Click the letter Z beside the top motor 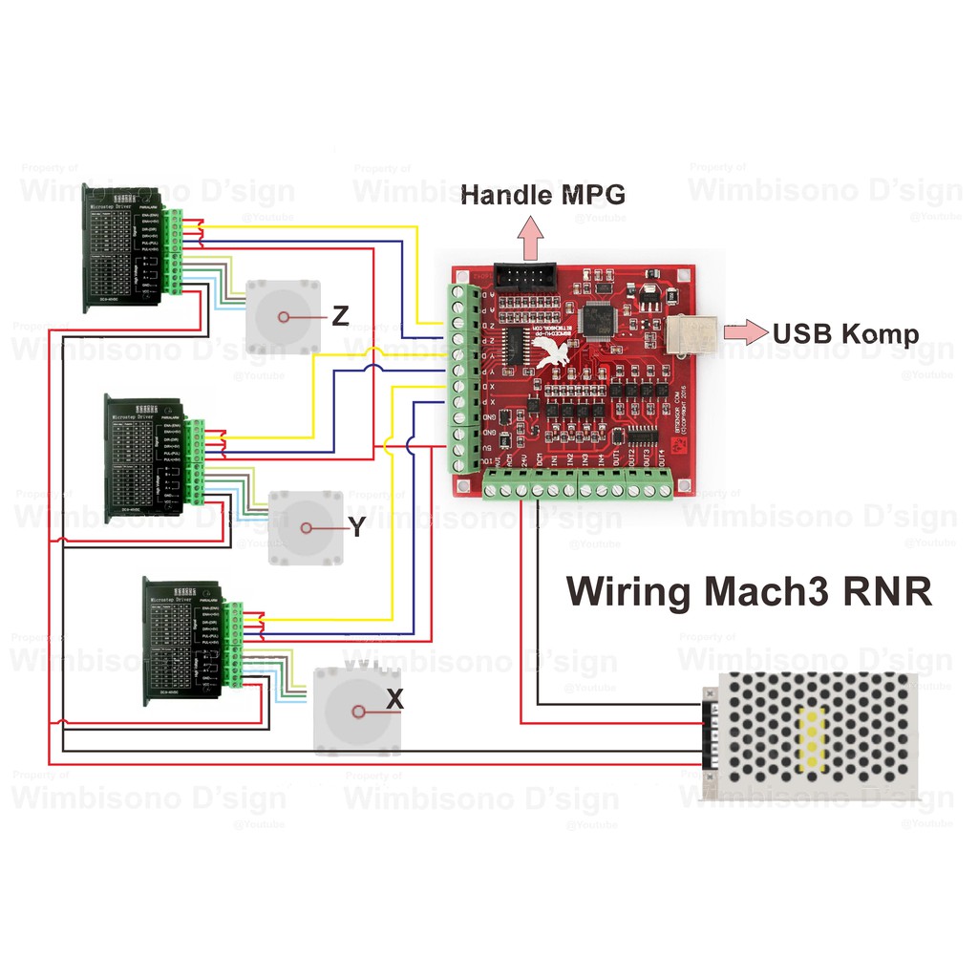click(340, 316)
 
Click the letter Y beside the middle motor click(356, 526)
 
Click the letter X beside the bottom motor click(394, 700)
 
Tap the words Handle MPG click(542, 195)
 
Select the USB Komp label click(845, 334)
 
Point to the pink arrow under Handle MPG click(528, 236)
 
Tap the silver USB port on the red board click(692, 333)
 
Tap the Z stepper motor click(283, 317)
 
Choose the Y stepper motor click(306, 527)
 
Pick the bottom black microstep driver click(183, 641)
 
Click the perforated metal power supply click(812, 735)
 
